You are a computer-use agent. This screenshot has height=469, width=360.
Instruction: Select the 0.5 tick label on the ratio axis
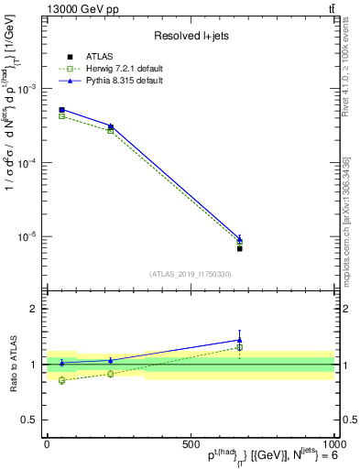click(x=31, y=420)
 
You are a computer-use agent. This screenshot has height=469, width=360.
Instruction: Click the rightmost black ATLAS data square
click(x=239, y=248)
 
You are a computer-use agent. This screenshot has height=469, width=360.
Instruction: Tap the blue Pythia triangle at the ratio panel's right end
click(x=239, y=340)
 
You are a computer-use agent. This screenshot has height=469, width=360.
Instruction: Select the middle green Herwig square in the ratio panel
click(x=111, y=374)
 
